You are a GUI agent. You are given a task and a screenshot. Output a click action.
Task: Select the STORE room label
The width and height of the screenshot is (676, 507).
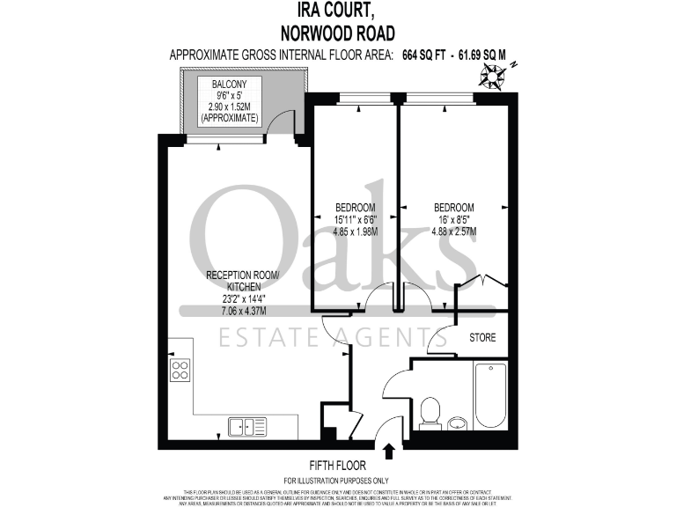[481, 337]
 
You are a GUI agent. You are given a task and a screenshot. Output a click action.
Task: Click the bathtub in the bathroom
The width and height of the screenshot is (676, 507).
[489, 395]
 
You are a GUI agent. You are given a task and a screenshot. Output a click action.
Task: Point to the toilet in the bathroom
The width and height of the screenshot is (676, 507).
[430, 411]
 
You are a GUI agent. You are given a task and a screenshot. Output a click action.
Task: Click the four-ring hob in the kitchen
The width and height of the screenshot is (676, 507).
[180, 371]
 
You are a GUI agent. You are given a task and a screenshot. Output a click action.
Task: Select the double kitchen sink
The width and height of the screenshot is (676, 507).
[247, 427]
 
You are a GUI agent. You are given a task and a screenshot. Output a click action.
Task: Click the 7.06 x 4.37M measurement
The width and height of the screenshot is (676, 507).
[241, 311]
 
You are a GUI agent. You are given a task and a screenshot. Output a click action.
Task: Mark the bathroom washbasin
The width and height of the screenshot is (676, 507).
[458, 422]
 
